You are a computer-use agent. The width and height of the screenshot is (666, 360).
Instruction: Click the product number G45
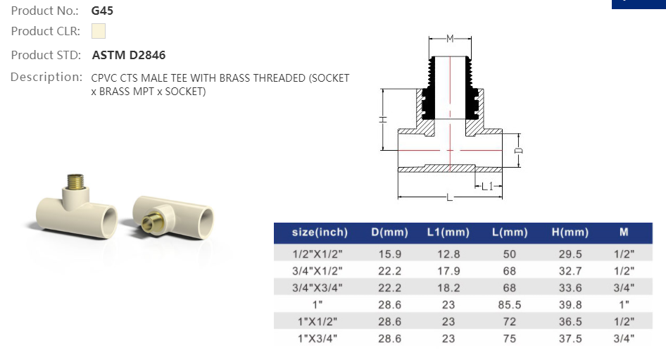[103, 11]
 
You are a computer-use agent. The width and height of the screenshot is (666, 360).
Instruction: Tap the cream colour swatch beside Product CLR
[99, 31]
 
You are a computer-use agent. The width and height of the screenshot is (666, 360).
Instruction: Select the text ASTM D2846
[129, 55]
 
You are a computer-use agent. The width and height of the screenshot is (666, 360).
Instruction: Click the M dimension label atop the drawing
[449, 37]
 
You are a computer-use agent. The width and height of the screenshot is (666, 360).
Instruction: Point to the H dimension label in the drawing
[383, 120]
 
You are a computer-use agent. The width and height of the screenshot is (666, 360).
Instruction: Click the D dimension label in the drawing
[517, 150]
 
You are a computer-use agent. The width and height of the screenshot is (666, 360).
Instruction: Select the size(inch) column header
[319, 232]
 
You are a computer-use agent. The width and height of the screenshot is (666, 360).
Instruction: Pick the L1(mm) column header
[448, 232]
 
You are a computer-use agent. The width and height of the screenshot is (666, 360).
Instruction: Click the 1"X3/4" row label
[318, 339]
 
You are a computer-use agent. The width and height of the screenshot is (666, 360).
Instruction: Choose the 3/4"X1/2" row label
[318, 271]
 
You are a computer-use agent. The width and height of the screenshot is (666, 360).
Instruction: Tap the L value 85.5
[509, 304]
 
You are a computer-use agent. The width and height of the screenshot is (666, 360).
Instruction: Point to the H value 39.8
[570, 304]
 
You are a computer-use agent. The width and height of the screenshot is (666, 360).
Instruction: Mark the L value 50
[509, 254]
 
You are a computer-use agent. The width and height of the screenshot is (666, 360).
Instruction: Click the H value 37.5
[570, 339]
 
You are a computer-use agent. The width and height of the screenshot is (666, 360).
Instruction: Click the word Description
[46, 77]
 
